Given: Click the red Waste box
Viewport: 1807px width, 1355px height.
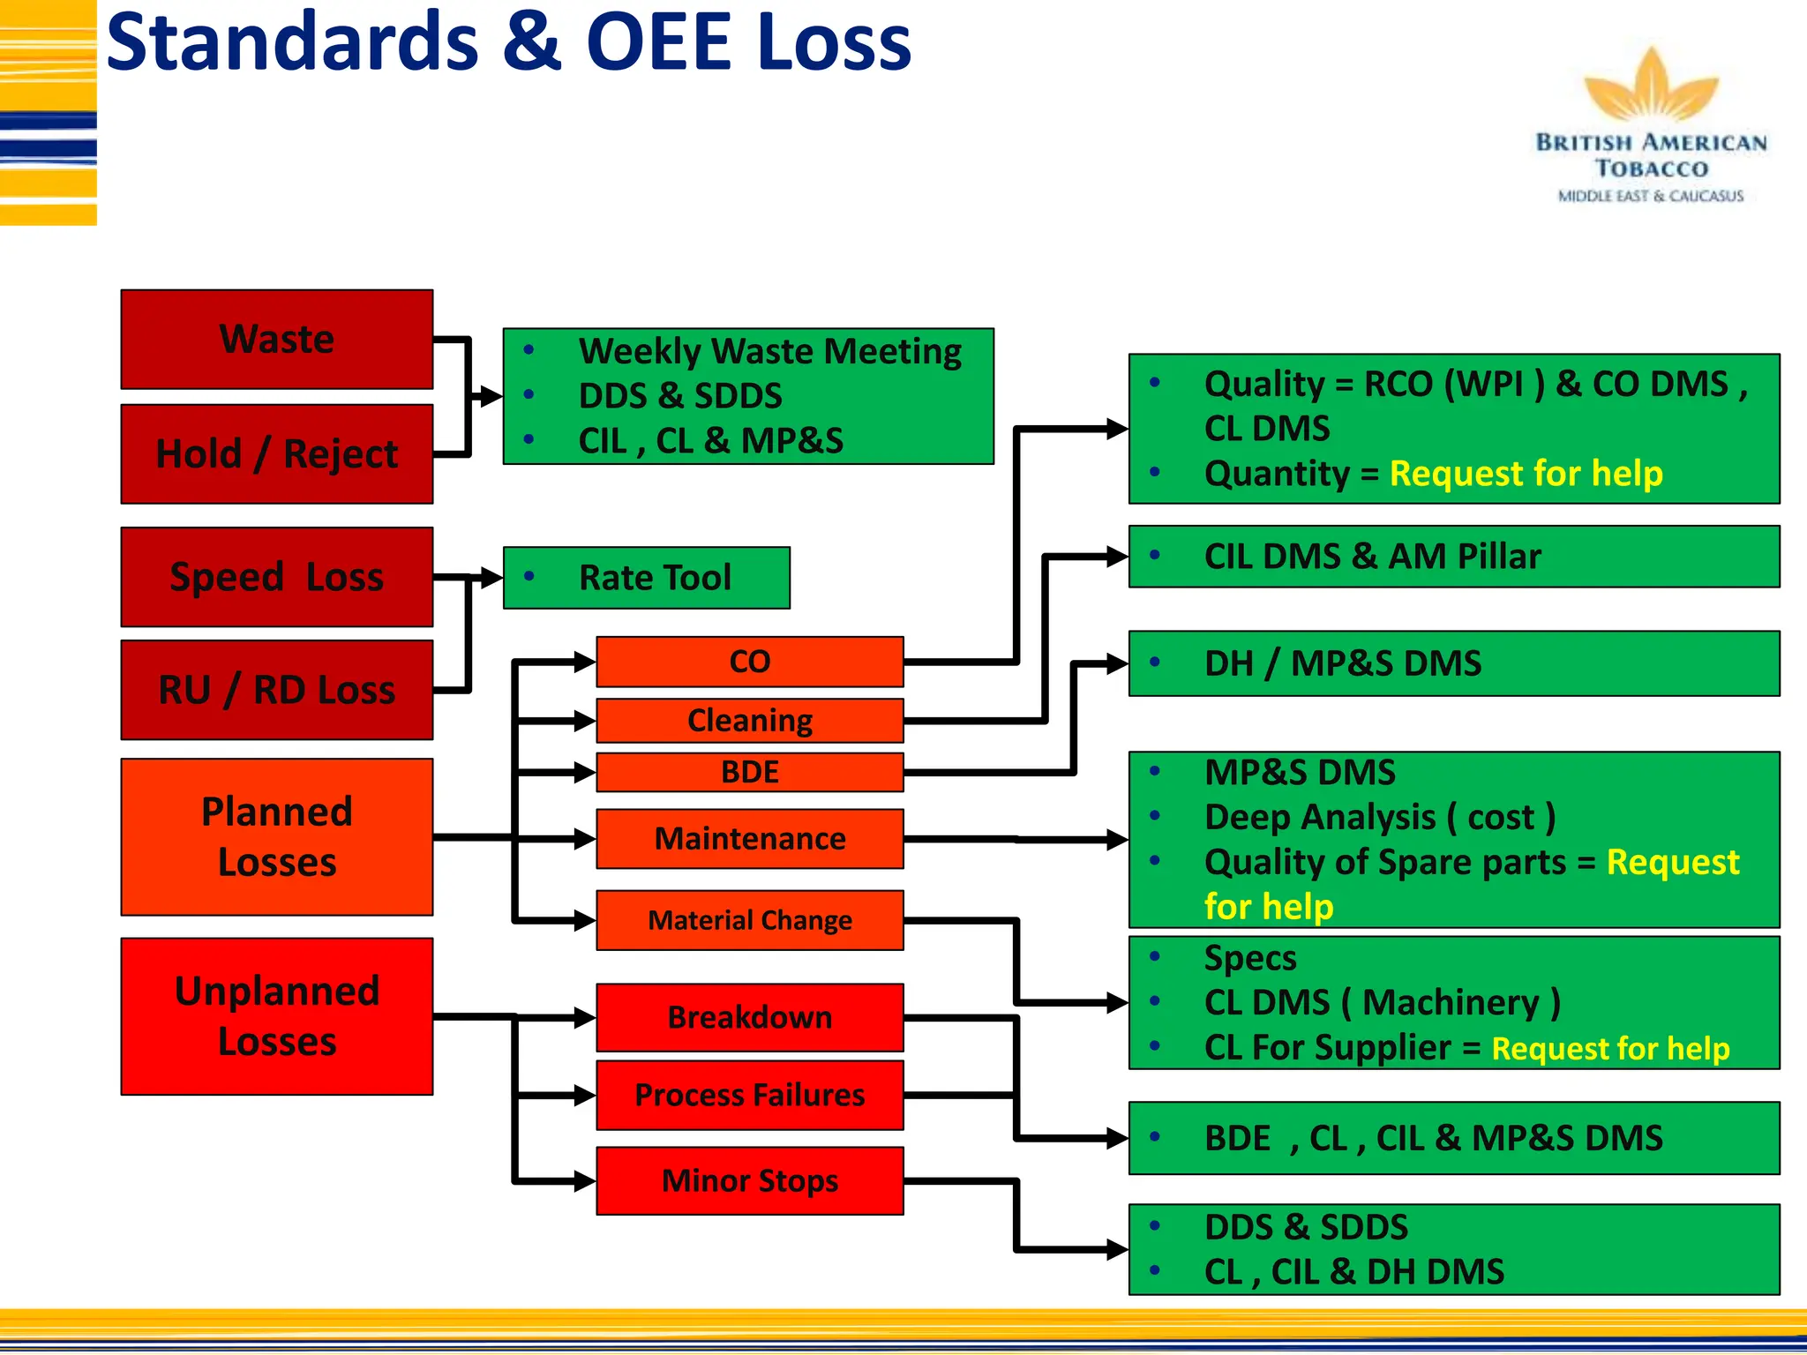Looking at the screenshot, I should (276, 340).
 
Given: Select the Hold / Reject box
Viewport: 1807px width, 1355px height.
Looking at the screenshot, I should (276, 454).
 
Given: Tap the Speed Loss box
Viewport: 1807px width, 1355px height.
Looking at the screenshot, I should (276, 577).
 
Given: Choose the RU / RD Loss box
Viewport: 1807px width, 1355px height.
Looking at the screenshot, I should (276, 690).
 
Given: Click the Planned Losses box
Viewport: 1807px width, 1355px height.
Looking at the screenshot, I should (276, 836).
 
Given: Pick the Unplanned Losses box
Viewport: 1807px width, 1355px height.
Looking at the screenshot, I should (276, 1016).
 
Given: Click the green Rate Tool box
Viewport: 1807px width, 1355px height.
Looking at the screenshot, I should (646, 578).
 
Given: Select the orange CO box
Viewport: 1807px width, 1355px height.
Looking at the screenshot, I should (749, 662).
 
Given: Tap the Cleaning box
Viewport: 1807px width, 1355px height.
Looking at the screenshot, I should (749, 721).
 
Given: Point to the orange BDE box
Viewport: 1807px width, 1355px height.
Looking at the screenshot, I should (749, 772).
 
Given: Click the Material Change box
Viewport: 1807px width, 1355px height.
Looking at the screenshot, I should (749, 920).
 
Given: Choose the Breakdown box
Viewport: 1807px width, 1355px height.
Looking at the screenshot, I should (749, 1017).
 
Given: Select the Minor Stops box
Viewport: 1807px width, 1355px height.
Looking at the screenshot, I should (749, 1180).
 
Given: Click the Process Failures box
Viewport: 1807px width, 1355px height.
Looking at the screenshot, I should (749, 1095).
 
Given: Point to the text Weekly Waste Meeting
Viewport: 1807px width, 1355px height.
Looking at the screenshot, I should (769, 351).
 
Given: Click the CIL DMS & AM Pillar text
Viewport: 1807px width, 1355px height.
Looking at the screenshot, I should (1372, 557).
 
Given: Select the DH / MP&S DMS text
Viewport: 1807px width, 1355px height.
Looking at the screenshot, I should (1342, 663).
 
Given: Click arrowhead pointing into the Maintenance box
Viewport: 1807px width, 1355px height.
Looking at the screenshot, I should (585, 839).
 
